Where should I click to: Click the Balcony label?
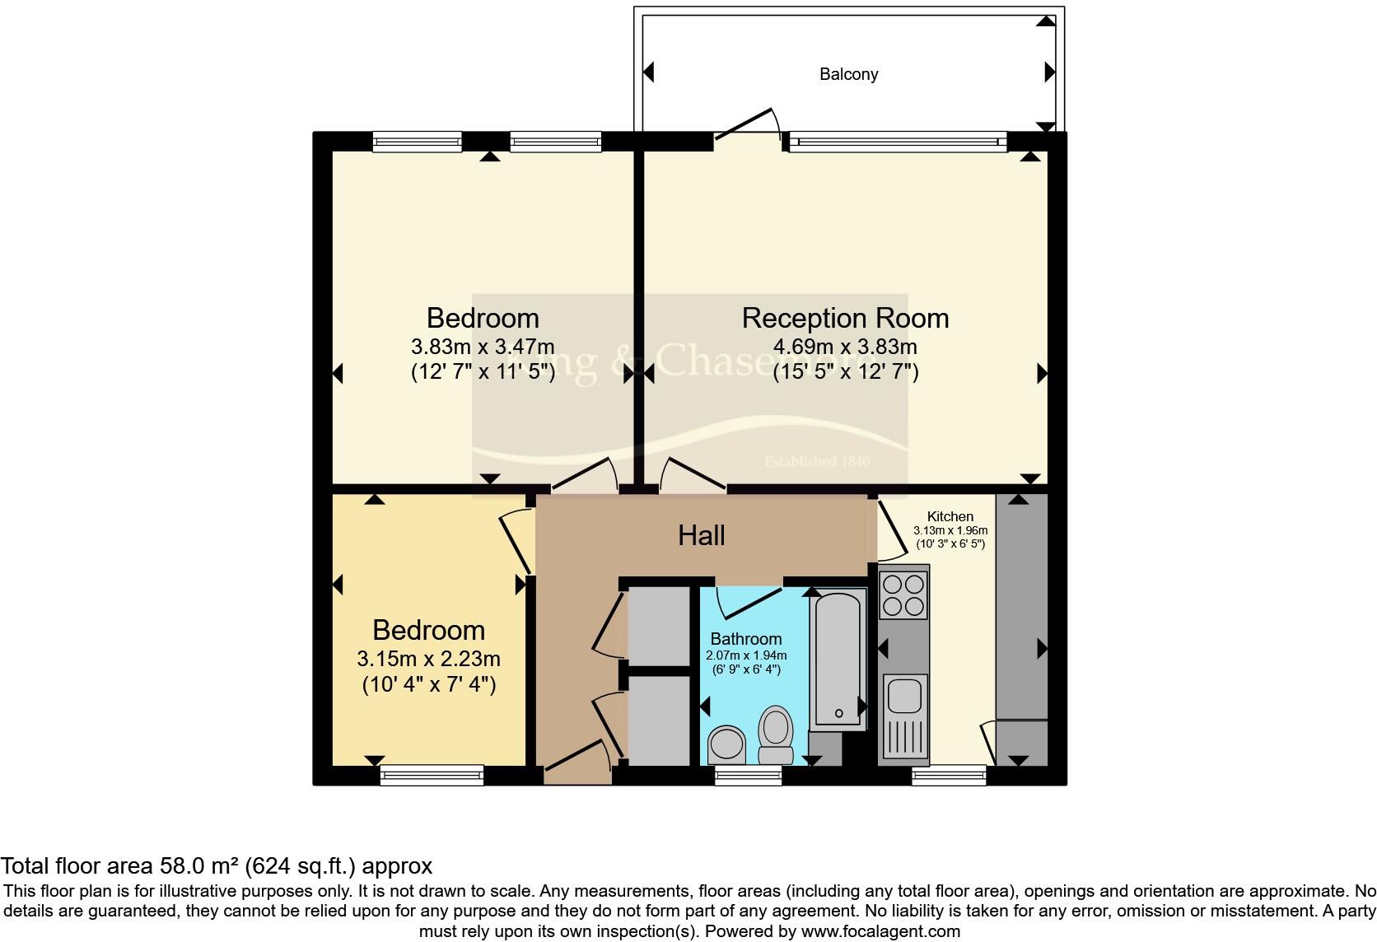click(x=848, y=74)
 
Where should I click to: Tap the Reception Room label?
click(x=845, y=318)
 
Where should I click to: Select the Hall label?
click(x=701, y=535)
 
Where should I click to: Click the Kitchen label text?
click(x=950, y=516)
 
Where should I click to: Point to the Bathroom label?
click(x=746, y=639)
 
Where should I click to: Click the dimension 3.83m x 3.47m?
click(x=483, y=346)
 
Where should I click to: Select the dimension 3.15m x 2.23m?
click(x=428, y=659)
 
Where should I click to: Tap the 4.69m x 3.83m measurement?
click(x=845, y=346)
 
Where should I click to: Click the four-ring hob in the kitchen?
click(x=903, y=595)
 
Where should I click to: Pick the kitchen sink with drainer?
click(x=904, y=715)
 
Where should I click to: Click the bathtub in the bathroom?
click(x=838, y=659)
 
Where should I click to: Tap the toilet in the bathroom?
click(x=776, y=734)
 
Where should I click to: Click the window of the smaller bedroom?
click(x=432, y=775)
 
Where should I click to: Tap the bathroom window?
click(x=748, y=775)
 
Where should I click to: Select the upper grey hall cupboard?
click(x=658, y=626)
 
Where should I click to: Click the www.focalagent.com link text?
click(x=880, y=932)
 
